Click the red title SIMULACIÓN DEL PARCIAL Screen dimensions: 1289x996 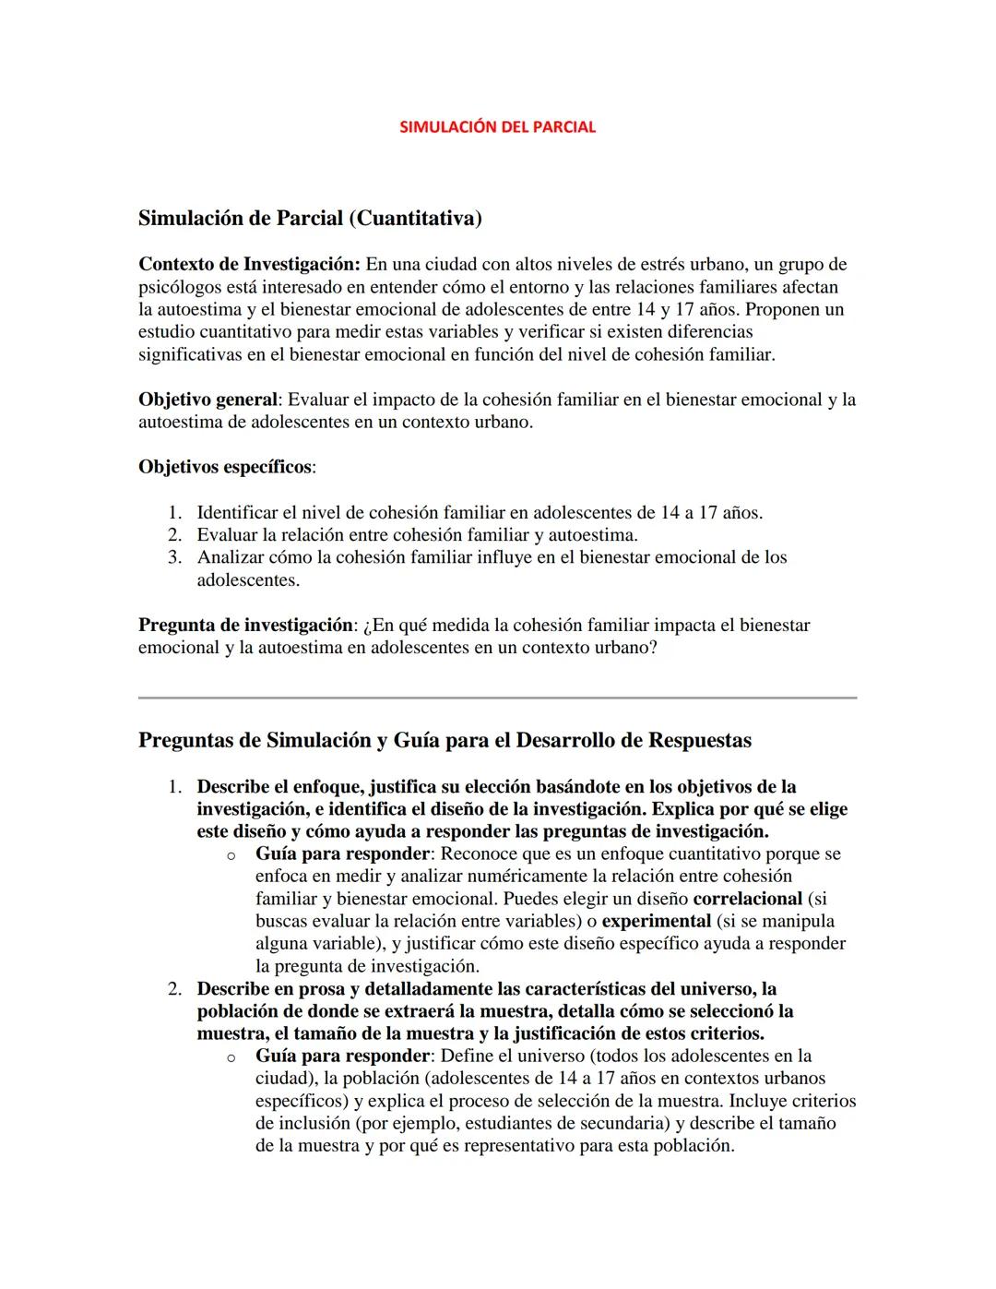coord(497,127)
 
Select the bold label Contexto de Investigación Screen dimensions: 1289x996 coord(248,265)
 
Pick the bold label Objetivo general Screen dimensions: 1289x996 coord(207,400)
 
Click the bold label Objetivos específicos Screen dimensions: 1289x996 coord(225,467)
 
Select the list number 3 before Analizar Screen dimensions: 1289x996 coord(173,557)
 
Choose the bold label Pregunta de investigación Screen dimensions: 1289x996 coord(245,626)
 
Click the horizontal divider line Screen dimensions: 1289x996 coord(497,698)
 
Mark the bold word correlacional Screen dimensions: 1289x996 coord(747,899)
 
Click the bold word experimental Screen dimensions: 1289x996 coord(656,921)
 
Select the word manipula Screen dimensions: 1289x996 coord(799,921)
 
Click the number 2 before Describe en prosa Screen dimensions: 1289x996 coord(173,989)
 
